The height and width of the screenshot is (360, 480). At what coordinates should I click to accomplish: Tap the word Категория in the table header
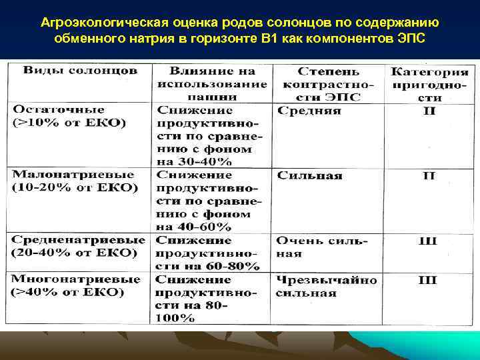coord(430,71)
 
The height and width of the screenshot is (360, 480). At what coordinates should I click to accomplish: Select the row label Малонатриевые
coord(68,174)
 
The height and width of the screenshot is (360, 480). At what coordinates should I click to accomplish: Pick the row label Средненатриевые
coord(79,239)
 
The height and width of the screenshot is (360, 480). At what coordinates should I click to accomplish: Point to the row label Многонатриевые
coord(76,279)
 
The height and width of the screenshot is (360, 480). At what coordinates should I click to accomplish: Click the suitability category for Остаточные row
coord(429,111)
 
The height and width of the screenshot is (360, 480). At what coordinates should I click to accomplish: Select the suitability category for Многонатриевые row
coord(427,280)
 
